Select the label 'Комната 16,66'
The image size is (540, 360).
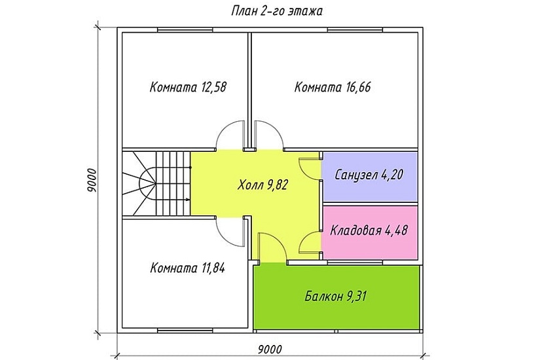(333, 87)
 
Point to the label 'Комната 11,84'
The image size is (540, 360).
(187, 268)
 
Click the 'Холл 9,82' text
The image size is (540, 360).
(264, 185)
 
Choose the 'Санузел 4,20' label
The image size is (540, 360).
(369, 175)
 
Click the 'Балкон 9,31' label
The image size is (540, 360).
(336, 296)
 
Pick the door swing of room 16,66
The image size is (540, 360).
(268, 135)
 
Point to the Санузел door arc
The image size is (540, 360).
(308, 168)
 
